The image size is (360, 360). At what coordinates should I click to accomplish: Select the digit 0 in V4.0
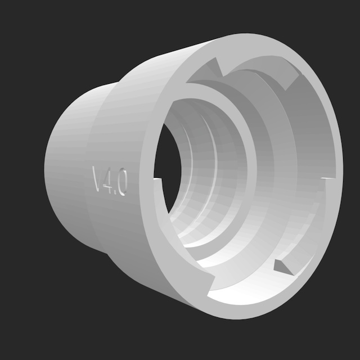coord(121,185)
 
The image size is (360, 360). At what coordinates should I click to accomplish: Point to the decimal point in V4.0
coord(115,190)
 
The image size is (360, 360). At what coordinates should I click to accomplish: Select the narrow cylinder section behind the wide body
coord(67,163)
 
